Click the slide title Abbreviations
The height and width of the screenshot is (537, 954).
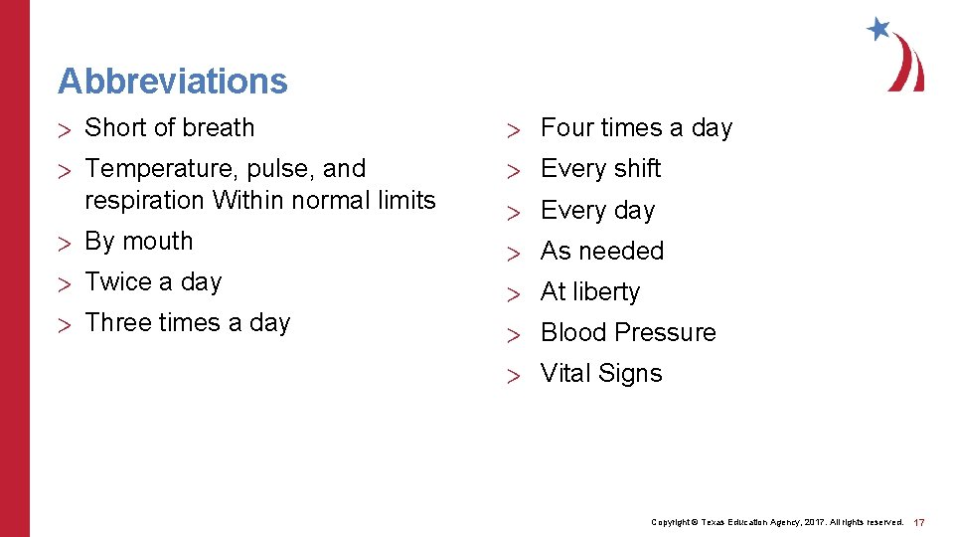172,81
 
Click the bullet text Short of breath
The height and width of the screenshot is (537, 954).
169,127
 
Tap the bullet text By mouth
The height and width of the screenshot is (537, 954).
138,241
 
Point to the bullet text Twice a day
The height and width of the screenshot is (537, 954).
153,281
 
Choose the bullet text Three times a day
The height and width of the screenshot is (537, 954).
187,322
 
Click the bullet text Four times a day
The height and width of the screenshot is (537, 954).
636,127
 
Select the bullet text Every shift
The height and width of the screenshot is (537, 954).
600,168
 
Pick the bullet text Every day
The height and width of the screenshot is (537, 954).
597,210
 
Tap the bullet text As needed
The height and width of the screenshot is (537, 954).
601,251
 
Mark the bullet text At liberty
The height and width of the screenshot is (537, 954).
589,291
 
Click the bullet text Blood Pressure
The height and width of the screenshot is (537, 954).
627,332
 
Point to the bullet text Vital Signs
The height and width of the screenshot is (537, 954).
600,373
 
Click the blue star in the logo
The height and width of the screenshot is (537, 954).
878,29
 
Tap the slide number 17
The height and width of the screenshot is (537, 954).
919,522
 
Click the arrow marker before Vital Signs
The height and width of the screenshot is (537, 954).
513,375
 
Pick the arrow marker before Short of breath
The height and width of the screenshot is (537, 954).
65,129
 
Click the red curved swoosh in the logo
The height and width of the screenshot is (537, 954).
908,65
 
